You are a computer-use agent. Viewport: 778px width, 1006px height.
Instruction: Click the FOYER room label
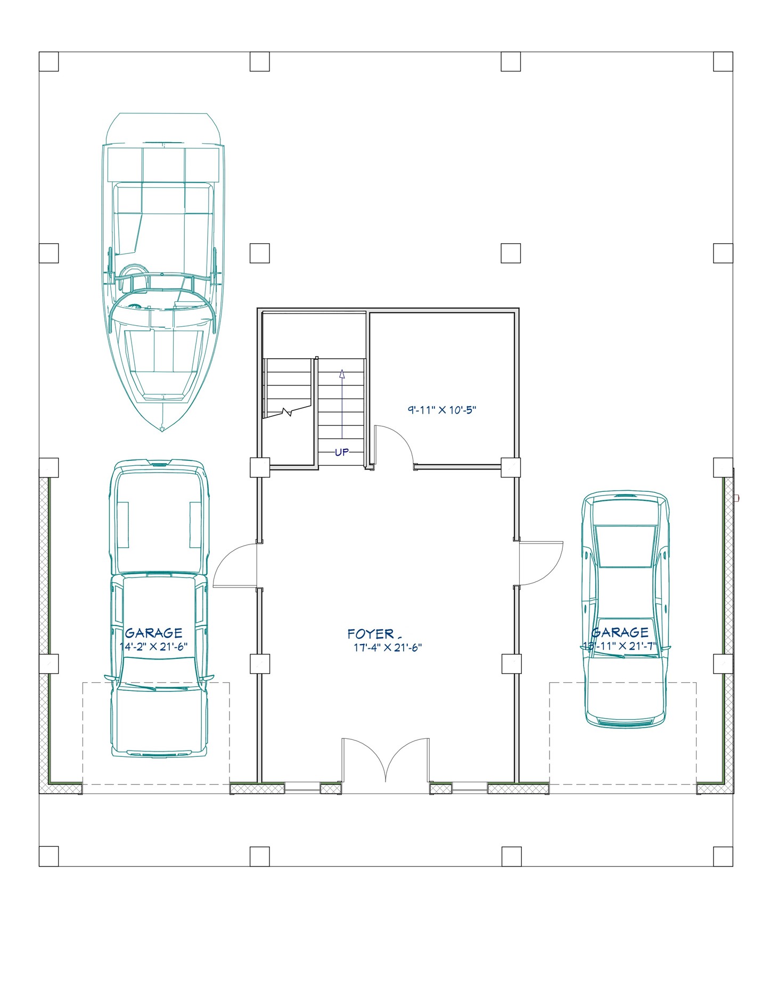point(371,633)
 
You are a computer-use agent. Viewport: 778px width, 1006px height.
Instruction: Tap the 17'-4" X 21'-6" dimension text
point(388,648)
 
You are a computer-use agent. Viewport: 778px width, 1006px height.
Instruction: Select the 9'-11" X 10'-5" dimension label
point(441,410)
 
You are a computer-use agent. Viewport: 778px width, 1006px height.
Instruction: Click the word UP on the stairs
point(342,452)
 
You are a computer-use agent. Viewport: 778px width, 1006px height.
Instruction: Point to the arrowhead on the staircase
point(342,374)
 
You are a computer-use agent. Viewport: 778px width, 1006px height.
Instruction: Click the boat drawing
point(162,255)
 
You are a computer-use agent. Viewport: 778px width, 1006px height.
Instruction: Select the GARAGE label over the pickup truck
point(154,633)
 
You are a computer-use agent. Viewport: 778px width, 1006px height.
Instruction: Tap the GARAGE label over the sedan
point(620,632)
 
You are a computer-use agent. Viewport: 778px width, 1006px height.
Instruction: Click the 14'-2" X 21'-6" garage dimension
point(154,647)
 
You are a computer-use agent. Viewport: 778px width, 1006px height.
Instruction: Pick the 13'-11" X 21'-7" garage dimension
point(620,646)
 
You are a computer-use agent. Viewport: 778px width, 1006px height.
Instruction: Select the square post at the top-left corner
point(48,62)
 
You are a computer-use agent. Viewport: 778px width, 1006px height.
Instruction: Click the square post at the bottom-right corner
point(723,856)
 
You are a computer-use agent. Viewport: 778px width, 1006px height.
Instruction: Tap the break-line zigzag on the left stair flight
point(288,412)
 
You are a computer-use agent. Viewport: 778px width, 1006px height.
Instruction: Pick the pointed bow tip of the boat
point(162,429)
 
